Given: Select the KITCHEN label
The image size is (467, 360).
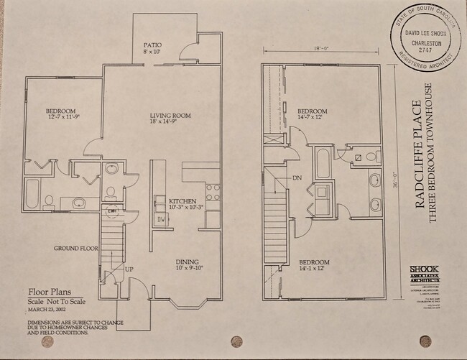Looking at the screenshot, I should coord(182,200).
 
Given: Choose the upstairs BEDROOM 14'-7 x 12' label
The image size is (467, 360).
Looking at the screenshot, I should coord(312,111).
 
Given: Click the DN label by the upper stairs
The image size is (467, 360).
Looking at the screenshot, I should coord(295,177).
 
